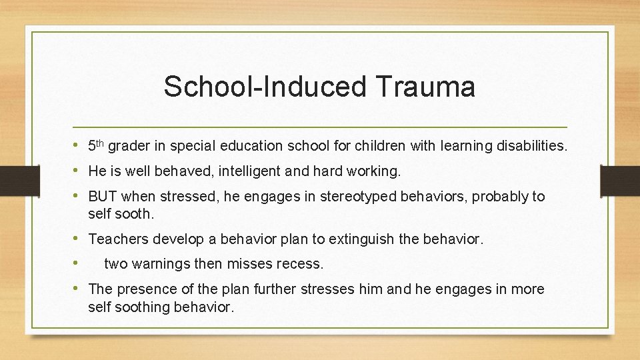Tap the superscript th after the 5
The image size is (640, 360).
pos(101,142)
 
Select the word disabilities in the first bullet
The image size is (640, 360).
pos(531,146)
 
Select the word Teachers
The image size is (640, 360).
pos(117,239)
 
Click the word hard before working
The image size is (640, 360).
pos(326,171)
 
